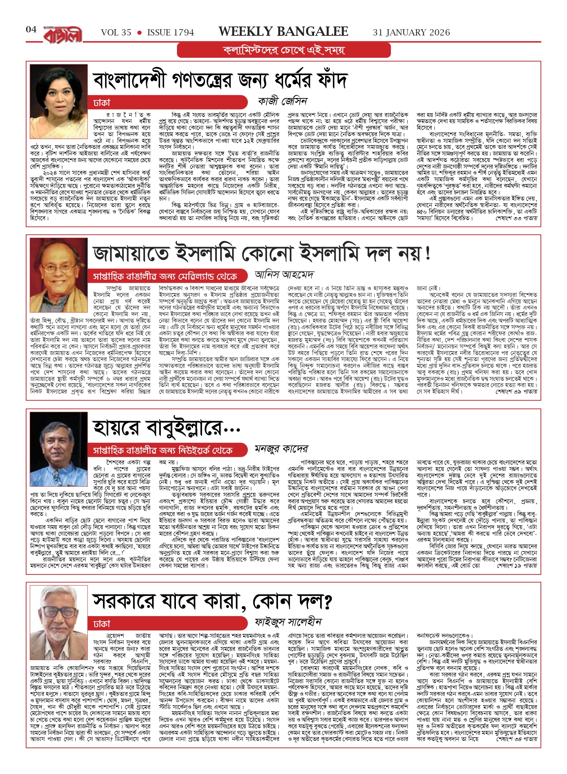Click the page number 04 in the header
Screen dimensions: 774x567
31,30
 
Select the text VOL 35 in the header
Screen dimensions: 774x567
116,33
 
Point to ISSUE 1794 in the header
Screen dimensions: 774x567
170,33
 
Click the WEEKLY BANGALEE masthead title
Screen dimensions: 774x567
283,32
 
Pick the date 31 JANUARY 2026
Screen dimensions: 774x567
411,33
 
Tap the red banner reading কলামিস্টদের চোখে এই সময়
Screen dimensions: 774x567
284,50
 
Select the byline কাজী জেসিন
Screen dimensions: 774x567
282,101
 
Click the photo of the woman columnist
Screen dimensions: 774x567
59,92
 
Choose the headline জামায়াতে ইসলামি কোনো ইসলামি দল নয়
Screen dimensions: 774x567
261,254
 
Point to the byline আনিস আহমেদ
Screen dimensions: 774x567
284,275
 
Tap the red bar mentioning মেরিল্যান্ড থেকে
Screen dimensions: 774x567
167,276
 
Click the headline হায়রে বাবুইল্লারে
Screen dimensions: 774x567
166,428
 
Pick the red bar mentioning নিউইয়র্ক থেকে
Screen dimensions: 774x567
167,450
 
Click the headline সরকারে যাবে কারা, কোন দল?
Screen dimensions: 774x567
212,602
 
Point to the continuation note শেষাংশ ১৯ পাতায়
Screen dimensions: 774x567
516,566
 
